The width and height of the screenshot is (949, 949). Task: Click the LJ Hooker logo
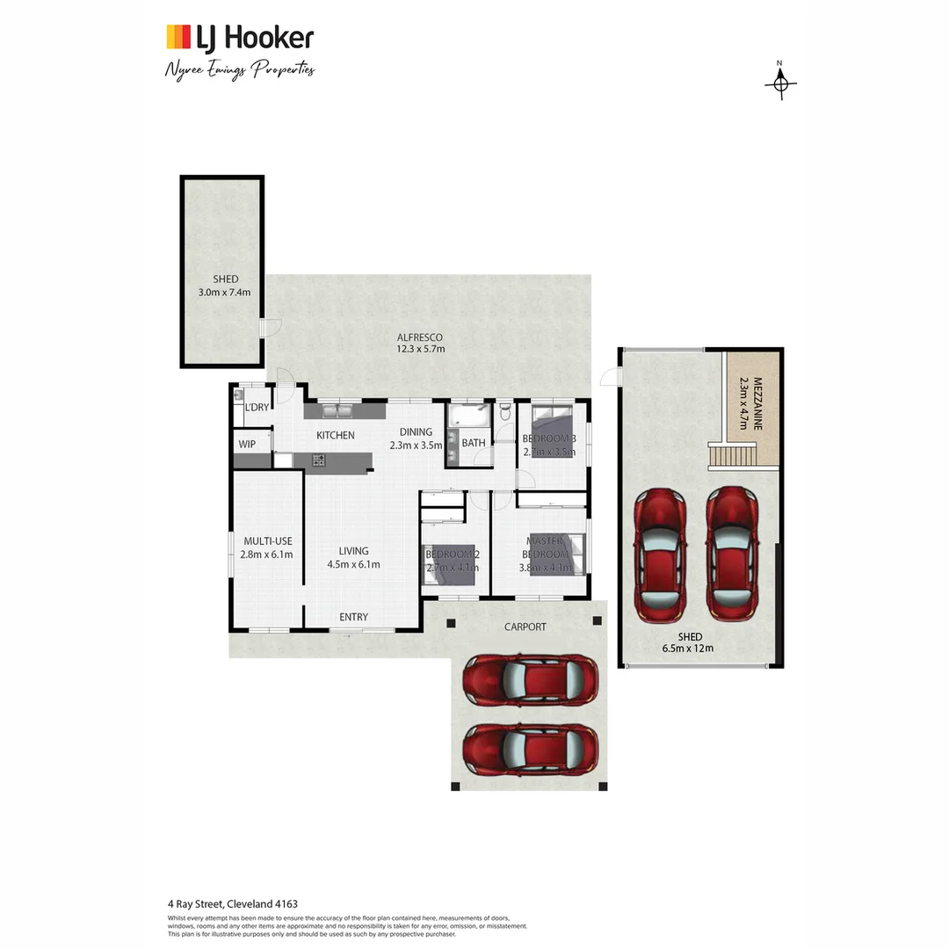[x=239, y=38]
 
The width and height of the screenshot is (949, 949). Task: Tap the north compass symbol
[x=780, y=83]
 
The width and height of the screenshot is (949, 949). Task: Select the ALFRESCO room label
[x=419, y=337]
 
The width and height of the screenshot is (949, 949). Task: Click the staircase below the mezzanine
[x=733, y=456]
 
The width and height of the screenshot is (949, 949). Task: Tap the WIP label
[x=247, y=445]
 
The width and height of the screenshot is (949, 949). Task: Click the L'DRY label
[x=257, y=407]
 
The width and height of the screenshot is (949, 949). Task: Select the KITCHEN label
[x=335, y=435]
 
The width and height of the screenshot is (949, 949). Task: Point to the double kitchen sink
[x=337, y=409]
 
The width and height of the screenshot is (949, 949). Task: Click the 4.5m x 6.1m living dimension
[x=353, y=564]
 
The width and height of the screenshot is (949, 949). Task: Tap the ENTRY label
[x=353, y=617]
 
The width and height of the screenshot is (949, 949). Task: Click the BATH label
[x=474, y=443]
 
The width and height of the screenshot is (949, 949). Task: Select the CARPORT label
[x=525, y=627]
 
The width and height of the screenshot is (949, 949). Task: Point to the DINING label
[x=416, y=431]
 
